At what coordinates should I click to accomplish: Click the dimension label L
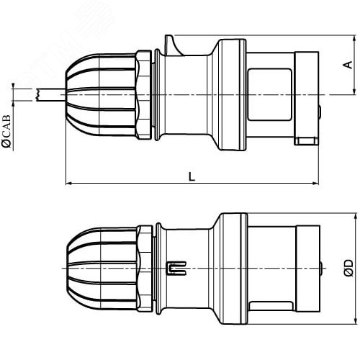point(192,176)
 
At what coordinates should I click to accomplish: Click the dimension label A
point(349,65)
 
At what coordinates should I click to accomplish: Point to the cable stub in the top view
point(50,95)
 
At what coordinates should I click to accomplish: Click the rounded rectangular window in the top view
point(270,94)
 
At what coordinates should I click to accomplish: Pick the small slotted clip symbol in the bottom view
point(176,268)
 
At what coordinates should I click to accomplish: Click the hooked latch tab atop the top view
point(174,45)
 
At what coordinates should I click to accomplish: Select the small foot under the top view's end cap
point(307,141)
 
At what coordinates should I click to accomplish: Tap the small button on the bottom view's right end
point(321,268)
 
